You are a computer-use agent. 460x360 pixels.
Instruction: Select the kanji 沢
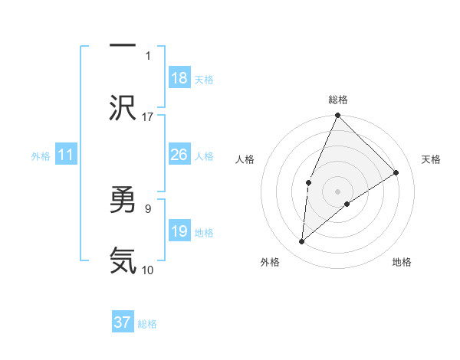pos(123,107)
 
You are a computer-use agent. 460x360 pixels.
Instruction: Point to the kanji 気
pos(123,260)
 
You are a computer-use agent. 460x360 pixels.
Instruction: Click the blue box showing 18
pos(179,78)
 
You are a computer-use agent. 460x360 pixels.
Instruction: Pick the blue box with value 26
pos(179,155)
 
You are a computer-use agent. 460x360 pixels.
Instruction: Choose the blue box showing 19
pos(179,231)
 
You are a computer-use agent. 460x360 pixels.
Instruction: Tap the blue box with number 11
pos(66,155)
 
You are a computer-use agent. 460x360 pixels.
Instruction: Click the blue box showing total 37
pos(123,322)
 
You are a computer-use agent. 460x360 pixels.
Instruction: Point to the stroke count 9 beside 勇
pos(148,207)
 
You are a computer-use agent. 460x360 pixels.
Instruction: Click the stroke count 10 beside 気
pos(148,270)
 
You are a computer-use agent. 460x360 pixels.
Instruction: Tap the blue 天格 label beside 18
pos(204,80)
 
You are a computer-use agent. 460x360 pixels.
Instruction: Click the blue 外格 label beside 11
pos(41,156)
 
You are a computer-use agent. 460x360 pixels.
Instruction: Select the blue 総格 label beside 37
pos(147,324)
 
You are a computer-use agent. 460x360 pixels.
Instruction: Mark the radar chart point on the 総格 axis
pos(337,116)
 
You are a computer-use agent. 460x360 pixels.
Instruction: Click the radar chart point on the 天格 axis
pos(396,172)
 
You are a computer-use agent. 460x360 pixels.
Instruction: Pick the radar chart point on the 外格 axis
pos(302,242)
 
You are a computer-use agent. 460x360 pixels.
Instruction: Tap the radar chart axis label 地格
pos(402,263)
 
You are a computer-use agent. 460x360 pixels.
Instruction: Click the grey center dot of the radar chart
pos(337,191)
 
